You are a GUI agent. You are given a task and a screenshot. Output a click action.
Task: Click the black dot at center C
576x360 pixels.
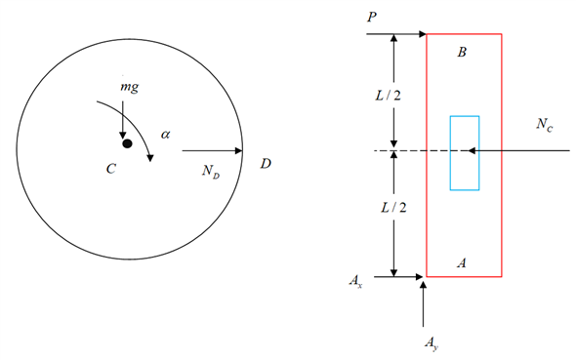pos(126,143)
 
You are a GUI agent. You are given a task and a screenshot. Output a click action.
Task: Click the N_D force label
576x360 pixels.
pos(209,170)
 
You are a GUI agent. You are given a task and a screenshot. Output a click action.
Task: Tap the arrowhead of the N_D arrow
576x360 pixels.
pos(238,151)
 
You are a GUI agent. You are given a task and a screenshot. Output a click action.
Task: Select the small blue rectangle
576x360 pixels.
pos(464,152)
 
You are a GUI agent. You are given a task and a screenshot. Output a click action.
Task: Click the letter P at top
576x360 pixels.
pos(373,17)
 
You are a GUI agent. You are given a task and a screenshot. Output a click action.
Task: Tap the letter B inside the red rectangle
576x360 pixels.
pos(462,52)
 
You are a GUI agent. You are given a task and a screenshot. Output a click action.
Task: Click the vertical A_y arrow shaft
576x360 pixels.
pos(424,307)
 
